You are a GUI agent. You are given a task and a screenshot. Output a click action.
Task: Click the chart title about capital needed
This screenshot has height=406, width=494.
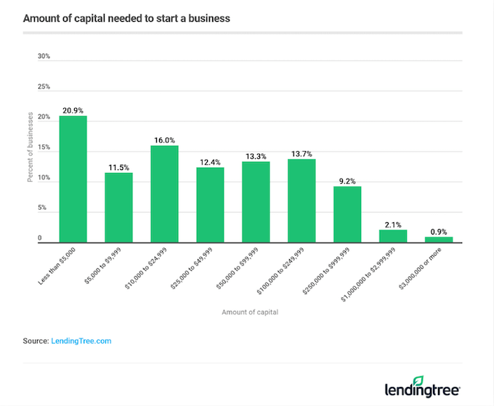click(126, 18)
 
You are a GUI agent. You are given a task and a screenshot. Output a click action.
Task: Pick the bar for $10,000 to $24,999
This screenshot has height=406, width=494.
click(164, 193)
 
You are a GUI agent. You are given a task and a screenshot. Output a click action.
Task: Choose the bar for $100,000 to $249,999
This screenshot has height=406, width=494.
click(301, 200)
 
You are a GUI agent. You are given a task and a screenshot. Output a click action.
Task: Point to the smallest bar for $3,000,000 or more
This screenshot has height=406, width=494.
click(438, 239)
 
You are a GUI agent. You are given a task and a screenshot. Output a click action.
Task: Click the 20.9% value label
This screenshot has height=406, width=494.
click(73, 110)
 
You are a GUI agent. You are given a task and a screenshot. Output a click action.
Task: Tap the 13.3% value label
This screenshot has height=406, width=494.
click(256, 155)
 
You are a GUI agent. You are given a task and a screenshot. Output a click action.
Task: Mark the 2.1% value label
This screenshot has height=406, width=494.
click(393, 224)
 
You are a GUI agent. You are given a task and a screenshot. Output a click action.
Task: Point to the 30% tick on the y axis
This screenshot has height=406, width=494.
click(44, 56)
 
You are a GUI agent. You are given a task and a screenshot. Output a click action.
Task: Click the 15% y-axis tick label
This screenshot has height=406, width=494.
click(44, 147)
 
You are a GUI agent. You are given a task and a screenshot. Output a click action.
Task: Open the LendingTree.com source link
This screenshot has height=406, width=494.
click(81, 340)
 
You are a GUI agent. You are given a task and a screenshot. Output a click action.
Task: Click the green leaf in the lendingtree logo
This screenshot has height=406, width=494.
click(418, 380)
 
